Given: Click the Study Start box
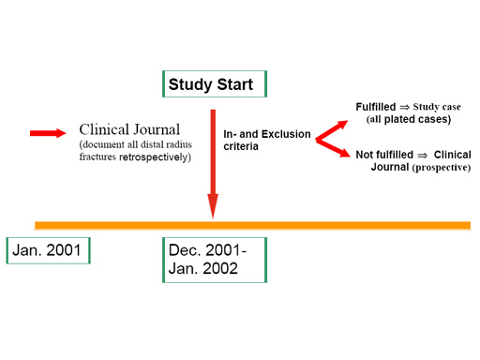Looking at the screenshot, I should (214, 85).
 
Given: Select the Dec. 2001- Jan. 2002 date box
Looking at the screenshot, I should (215, 260).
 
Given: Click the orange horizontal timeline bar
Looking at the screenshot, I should (253, 225).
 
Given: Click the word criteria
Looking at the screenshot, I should (243, 148).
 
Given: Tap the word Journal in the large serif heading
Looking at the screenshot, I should (157, 130).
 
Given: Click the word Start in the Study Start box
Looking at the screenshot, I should (234, 85).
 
